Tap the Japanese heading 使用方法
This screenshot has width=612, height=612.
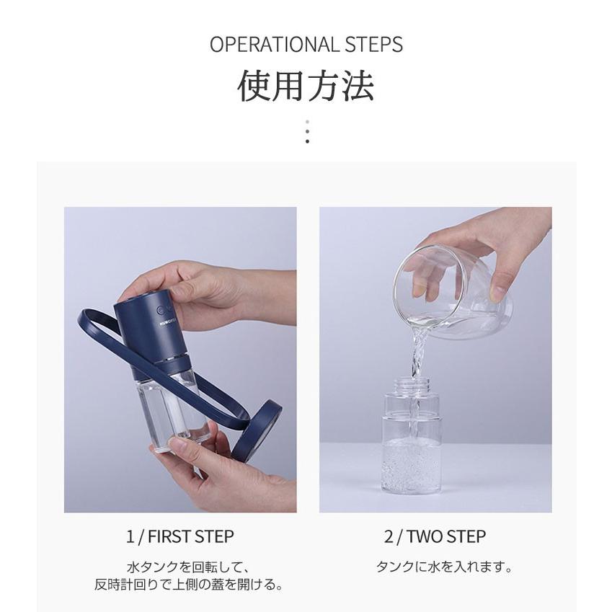coord(306,86)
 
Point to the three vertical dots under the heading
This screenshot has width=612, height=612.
coord(307,131)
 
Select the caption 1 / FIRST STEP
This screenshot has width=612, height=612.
coord(180,536)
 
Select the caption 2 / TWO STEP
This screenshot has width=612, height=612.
coord(435,536)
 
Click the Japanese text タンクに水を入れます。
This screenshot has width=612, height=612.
coord(444,567)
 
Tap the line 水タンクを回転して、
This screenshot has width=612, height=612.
coord(187,567)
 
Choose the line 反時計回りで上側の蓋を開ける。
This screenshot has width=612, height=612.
coord(189,585)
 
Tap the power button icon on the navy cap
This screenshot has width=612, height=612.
coord(161,311)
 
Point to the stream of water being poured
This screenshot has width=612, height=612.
coord(417,355)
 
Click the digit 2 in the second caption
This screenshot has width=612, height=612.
coord(389,536)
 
